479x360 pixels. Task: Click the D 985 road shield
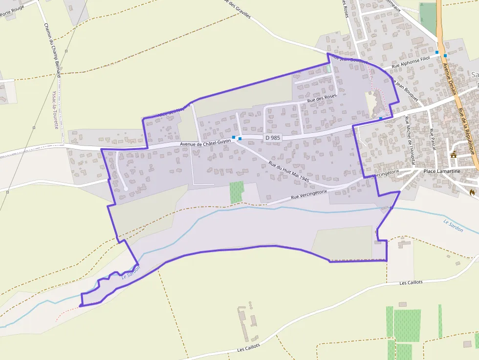(273, 138)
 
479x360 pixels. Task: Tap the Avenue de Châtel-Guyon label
(205, 144)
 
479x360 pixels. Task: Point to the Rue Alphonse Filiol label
(411, 62)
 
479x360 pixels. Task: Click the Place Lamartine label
(442, 171)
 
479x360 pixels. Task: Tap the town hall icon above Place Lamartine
(454, 155)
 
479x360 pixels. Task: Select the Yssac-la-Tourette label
(55, 109)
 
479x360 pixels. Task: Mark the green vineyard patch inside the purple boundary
(237, 192)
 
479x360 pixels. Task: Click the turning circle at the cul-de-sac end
(126, 188)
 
